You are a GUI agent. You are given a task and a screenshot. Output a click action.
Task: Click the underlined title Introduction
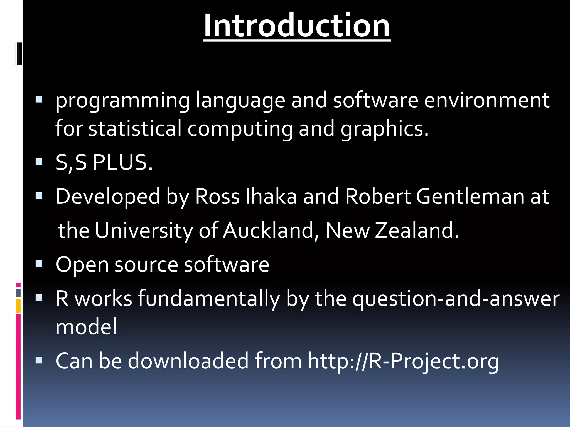point(296,26)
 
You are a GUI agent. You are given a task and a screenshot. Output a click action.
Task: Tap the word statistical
point(135,128)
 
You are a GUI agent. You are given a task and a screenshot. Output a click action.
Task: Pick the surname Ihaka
point(271,197)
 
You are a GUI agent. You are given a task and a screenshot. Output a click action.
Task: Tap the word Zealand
point(417,230)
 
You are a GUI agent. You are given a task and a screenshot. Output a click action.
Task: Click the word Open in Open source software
point(82,265)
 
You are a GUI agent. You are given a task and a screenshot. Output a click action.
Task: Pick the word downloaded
point(188,361)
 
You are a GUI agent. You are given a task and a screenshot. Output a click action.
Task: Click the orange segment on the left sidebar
point(18,306)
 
